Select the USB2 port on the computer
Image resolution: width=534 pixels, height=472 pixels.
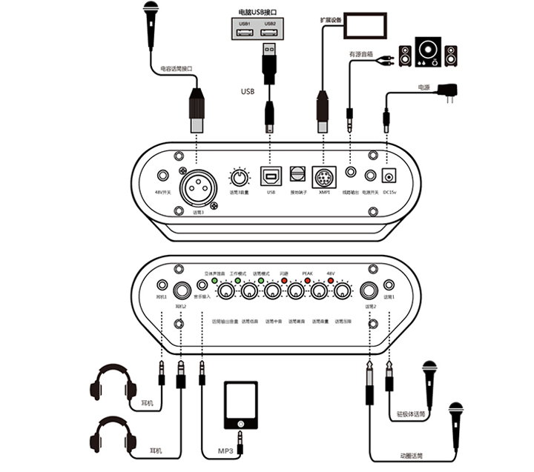click(x=269, y=33)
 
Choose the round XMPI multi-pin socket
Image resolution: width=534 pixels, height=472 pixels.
click(x=323, y=178)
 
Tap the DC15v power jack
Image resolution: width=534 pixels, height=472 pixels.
click(x=389, y=176)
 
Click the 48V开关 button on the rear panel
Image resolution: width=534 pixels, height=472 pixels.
click(x=162, y=176)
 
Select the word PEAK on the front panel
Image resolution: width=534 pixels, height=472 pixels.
click(x=307, y=273)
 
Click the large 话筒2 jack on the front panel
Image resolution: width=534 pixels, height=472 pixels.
click(x=369, y=291)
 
